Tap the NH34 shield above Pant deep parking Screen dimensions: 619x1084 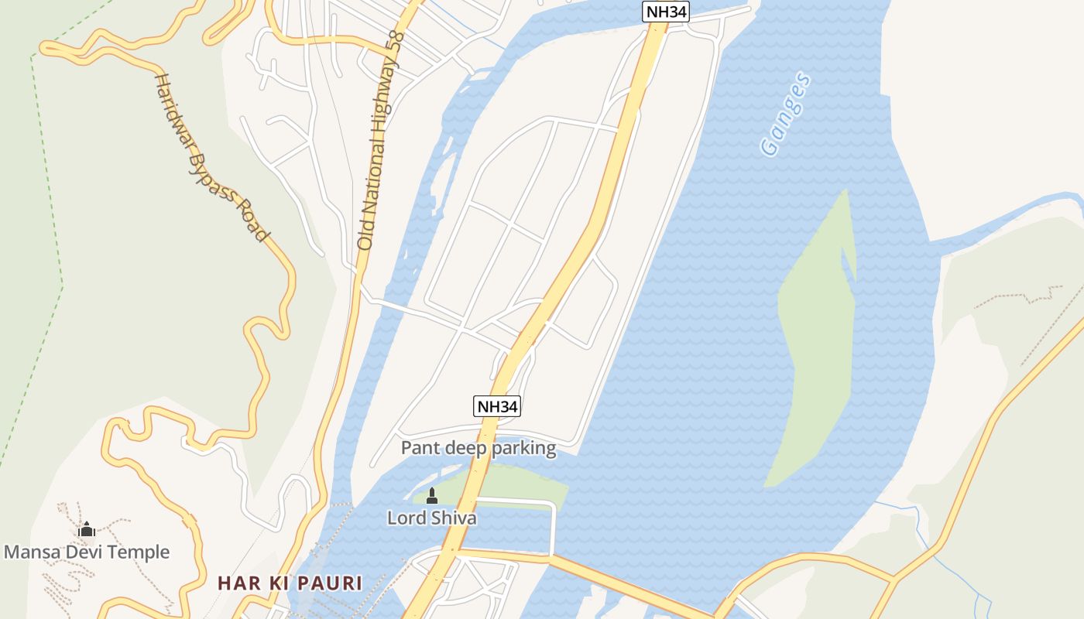click(x=497, y=406)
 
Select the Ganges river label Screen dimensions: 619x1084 click(x=785, y=115)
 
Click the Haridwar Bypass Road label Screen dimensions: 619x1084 click(x=211, y=157)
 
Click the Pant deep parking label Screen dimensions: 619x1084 click(x=478, y=448)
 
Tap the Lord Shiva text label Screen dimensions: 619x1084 click(x=431, y=518)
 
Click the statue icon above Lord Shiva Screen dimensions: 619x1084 click(x=432, y=496)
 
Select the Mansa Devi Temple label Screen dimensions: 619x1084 click(x=87, y=552)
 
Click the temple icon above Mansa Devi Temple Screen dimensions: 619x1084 click(x=87, y=530)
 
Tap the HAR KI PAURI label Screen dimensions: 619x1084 click(x=290, y=583)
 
